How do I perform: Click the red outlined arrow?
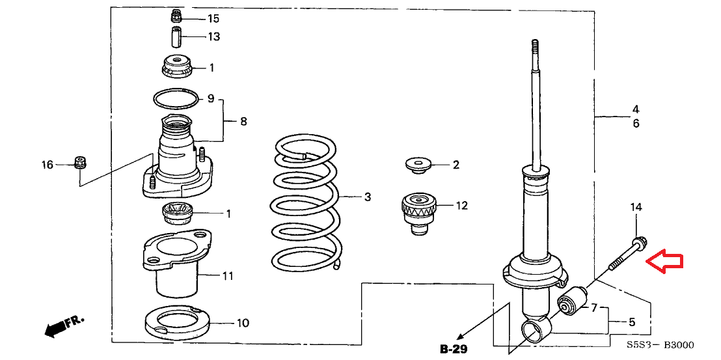[x=664, y=262]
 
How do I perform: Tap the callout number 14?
[x=636, y=208]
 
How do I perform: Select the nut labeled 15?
[x=175, y=16]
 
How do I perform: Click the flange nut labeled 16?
[x=80, y=163]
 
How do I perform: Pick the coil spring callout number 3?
[x=367, y=197]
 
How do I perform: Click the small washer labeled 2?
[x=418, y=165]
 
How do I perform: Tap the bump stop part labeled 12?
[x=418, y=214]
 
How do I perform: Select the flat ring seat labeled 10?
[x=177, y=321]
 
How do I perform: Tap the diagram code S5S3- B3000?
[x=660, y=345]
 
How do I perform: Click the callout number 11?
[x=227, y=276]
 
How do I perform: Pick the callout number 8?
[x=243, y=122]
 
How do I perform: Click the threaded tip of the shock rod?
[x=535, y=47]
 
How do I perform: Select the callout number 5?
[x=632, y=322]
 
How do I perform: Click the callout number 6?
[x=636, y=124]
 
